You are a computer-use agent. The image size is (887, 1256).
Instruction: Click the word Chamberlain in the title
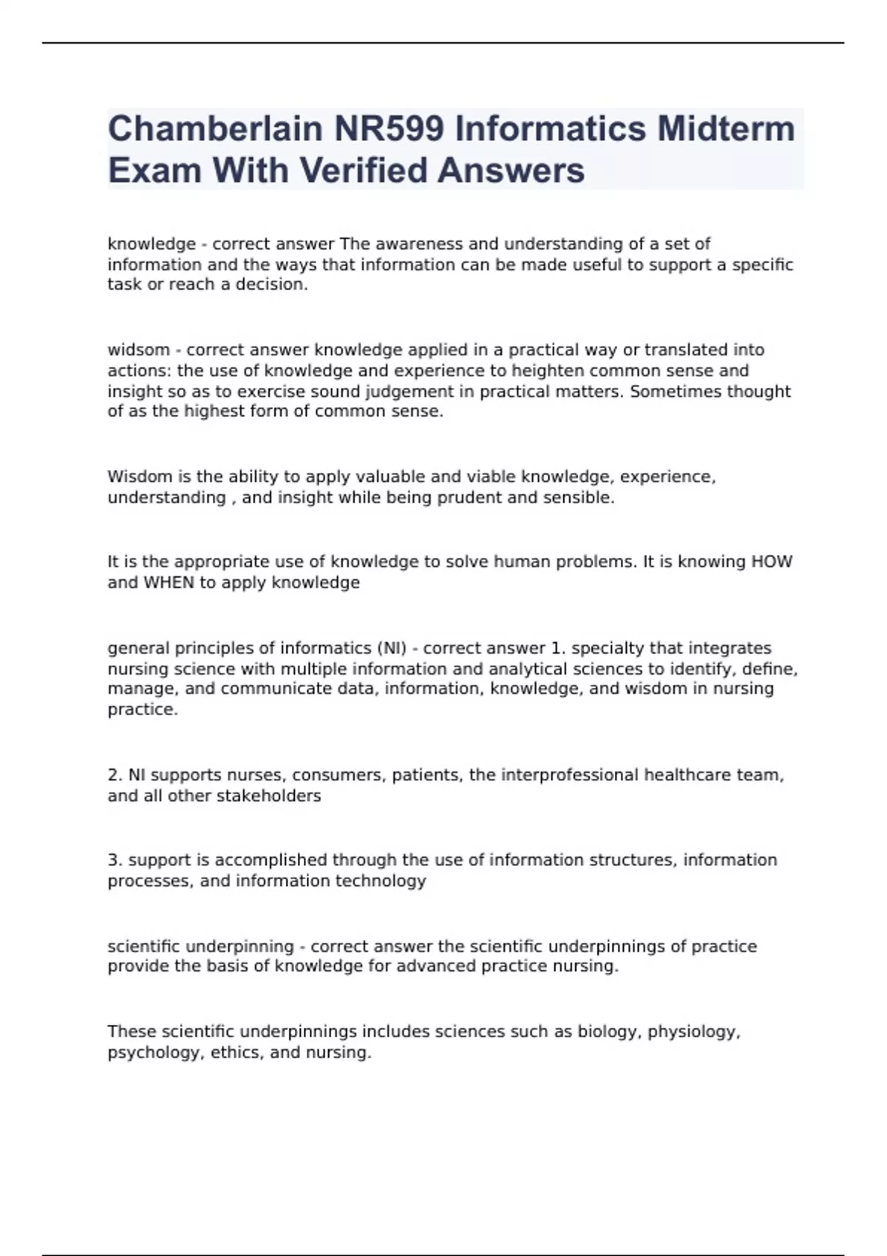click(x=215, y=129)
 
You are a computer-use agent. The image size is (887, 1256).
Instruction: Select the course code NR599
click(x=389, y=129)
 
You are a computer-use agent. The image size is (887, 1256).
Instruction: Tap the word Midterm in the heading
click(x=726, y=129)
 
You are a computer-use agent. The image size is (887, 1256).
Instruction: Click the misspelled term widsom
click(x=139, y=350)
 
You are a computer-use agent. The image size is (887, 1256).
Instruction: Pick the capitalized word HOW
click(x=772, y=562)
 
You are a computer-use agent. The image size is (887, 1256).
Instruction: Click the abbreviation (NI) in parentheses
click(x=392, y=648)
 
